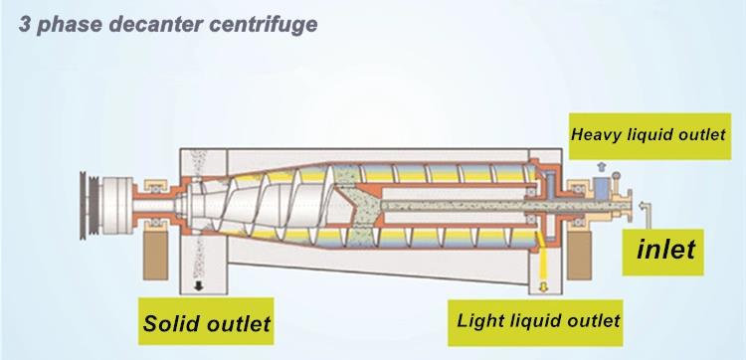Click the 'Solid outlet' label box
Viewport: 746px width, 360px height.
[x=207, y=323]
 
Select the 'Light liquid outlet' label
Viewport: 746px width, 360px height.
[x=538, y=320]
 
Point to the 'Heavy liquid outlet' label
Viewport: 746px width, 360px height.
[x=649, y=134]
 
